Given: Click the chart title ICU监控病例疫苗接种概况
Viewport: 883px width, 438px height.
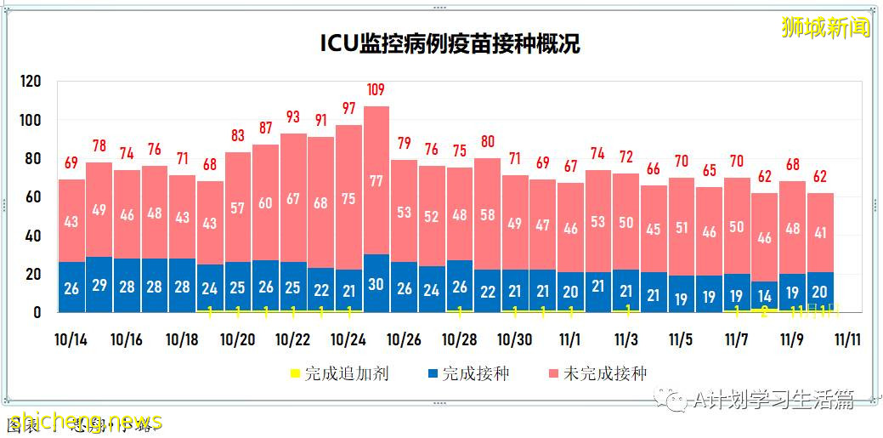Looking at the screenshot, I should [450, 43].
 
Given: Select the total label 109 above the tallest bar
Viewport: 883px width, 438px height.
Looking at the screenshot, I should [376, 89].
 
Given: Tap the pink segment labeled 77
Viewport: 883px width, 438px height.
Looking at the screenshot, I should [376, 180].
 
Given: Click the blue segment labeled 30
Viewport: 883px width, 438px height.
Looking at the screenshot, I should [376, 284].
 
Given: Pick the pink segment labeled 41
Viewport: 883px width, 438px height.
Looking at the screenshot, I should [820, 232].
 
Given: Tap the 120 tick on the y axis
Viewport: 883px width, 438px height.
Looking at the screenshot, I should [31, 82].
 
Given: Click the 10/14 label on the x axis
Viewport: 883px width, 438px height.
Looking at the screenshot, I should [71, 339].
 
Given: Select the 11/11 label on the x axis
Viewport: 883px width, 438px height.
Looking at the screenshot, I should [847, 339].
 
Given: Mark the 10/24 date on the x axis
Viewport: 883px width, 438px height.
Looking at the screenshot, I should [348, 339].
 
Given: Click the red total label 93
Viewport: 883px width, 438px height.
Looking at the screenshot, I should [293, 117].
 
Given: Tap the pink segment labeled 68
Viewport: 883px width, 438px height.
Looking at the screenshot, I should [321, 204].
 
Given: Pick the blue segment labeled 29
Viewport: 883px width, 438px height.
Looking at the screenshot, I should [99, 285].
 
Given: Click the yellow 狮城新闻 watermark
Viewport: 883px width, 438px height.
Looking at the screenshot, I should [825, 27].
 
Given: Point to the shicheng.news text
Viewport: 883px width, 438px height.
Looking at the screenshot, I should [82, 421].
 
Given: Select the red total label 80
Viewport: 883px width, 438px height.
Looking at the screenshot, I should [487, 141].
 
